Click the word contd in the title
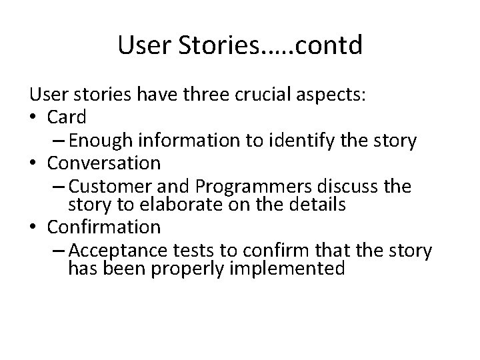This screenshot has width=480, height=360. [x=319, y=45]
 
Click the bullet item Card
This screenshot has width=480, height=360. [x=67, y=117]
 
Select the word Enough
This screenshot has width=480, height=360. [x=99, y=140]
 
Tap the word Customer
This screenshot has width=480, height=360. [x=107, y=185]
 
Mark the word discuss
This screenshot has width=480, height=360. [x=339, y=185]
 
